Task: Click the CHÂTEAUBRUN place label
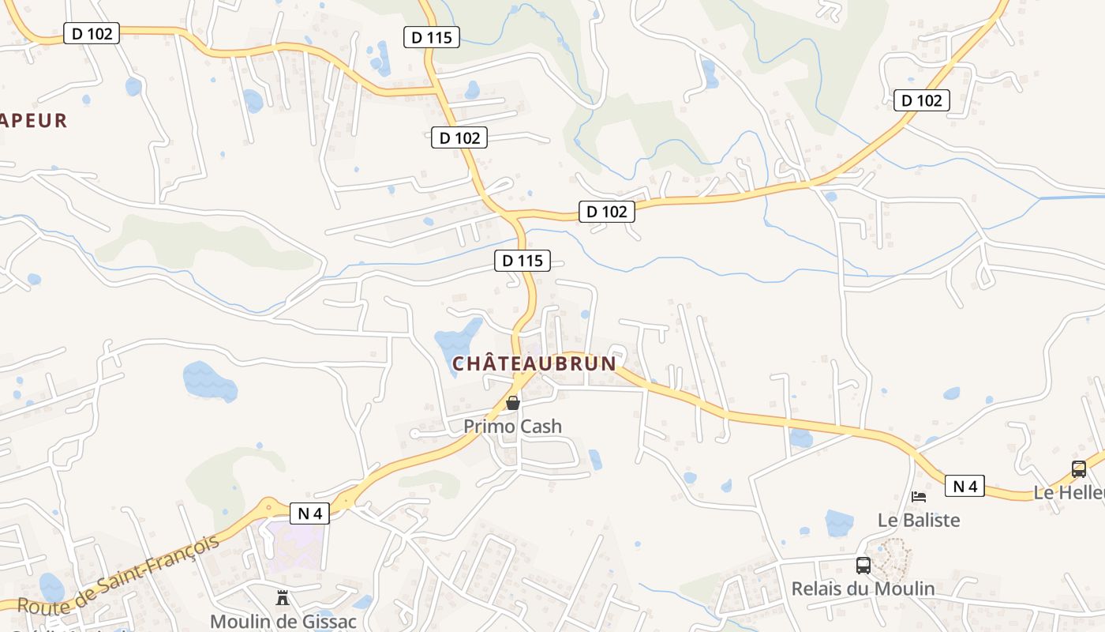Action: [x=534, y=363]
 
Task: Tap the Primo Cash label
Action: [x=512, y=427]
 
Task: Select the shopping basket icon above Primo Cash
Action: [x=513, y=403]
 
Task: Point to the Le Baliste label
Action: [x=919, y=520]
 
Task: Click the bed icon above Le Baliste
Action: [x=919, y=497]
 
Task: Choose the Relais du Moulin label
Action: [x=863, y=589]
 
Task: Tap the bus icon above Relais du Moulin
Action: [x=863, y=566]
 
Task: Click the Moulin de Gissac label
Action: [x=283, y=621]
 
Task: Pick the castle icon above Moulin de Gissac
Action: [x=283, y=598]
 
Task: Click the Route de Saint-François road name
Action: [x=118, y=575]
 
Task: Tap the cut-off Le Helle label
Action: [x=1069, y=492]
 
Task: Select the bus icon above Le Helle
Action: [x=1079, y=468]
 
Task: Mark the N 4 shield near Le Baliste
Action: [x=965, y=486]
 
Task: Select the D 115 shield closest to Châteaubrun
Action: [x=522, y=260]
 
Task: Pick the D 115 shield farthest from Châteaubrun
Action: [x=431, y=36]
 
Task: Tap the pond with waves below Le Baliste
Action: [x=839, y=523]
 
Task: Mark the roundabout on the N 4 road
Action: [x=270, y=506]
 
